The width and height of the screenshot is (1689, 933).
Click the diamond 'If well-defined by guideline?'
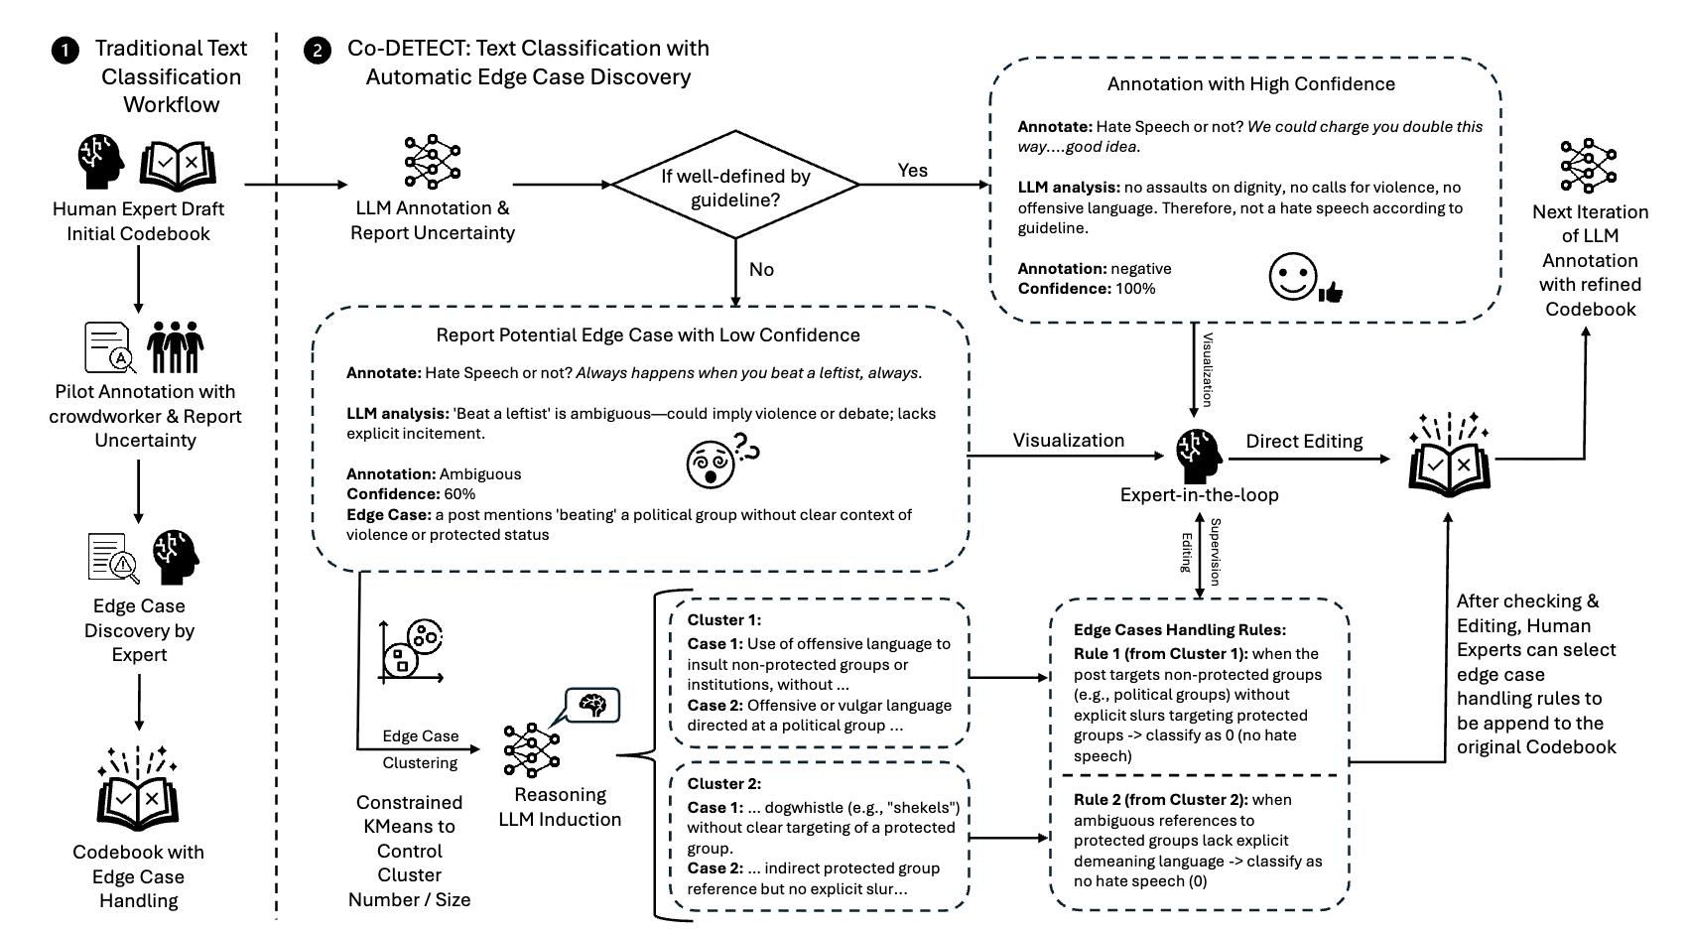735,186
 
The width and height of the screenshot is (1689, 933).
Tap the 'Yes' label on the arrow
912,170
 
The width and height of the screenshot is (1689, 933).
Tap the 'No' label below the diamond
761,270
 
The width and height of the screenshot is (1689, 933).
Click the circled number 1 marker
65,51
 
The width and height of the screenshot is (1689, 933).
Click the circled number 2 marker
317,51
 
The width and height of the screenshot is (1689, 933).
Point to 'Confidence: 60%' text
411,494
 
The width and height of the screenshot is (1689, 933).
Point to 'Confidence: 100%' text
1087,289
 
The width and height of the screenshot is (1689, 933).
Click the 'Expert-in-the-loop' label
1199,494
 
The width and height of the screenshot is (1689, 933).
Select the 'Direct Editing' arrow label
1304,442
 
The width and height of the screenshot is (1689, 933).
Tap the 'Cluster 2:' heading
723,784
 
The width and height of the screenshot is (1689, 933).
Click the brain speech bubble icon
592,706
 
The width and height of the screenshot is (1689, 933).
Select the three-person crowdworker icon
175,347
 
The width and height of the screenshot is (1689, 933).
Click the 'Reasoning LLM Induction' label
560,807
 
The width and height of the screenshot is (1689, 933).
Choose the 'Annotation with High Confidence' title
1250,84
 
